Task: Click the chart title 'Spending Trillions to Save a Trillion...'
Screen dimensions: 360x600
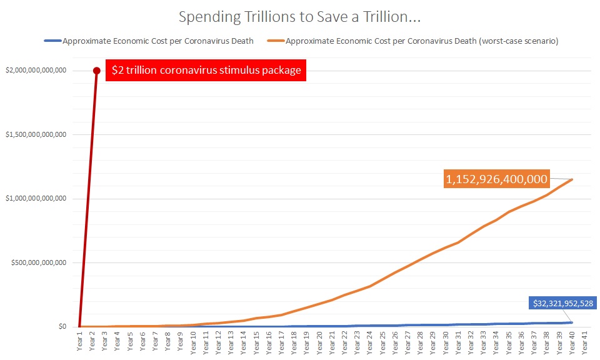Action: (x=299, y=17)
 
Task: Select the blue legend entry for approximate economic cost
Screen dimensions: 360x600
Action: (x=149, y=41)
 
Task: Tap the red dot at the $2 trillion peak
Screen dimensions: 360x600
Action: (x=96, y=71)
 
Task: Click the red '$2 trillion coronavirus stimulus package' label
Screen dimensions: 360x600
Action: (x=206, y=71)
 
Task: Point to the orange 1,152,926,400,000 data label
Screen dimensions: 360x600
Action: (x=496, y=179)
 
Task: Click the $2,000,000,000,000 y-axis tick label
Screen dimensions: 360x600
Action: (x=37, y=71)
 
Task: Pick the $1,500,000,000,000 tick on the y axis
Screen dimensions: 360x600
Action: (x=37, y=134)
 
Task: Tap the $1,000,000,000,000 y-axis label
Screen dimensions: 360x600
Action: (x=37, y=199)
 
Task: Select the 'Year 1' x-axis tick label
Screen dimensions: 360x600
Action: (x=79, y=343)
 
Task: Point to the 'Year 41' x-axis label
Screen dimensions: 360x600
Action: (x=585, y=343)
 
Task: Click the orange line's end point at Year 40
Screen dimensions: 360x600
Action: (x=572, y=179)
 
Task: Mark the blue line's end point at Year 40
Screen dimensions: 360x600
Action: (x=572, y=322)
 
